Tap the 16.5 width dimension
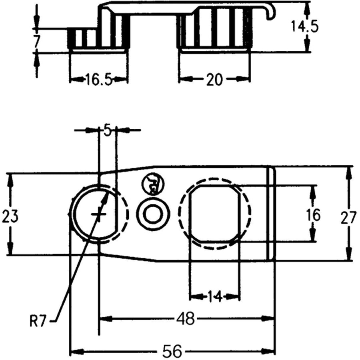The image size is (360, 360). [98, 80]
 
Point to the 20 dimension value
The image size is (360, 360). [214, 80]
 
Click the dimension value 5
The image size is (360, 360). [107, 131]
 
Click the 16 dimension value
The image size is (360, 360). [314, 215]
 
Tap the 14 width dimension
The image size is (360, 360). [214, 297]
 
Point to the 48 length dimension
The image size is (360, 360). [186, 319]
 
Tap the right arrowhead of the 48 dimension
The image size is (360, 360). [270, 319]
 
